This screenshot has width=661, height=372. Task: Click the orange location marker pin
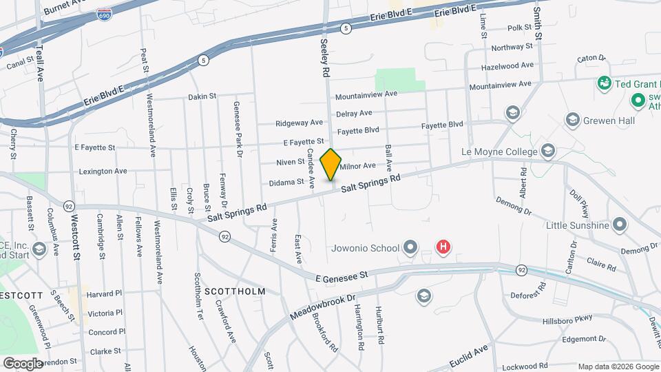tap(331, 164)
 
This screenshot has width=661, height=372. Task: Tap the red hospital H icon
tap(444, 247)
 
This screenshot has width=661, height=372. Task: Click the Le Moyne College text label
tap(503, 151)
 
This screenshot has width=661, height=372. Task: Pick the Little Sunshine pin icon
tap(620, 225)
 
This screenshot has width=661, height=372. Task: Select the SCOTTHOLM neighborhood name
tap(235, 291)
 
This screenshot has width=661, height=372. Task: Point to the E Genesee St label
tap(342, 275)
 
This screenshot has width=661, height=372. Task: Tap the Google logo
tap(23, 363)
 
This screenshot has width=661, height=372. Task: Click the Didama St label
tap(286, 182)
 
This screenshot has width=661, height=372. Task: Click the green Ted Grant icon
tap(605, 83)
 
